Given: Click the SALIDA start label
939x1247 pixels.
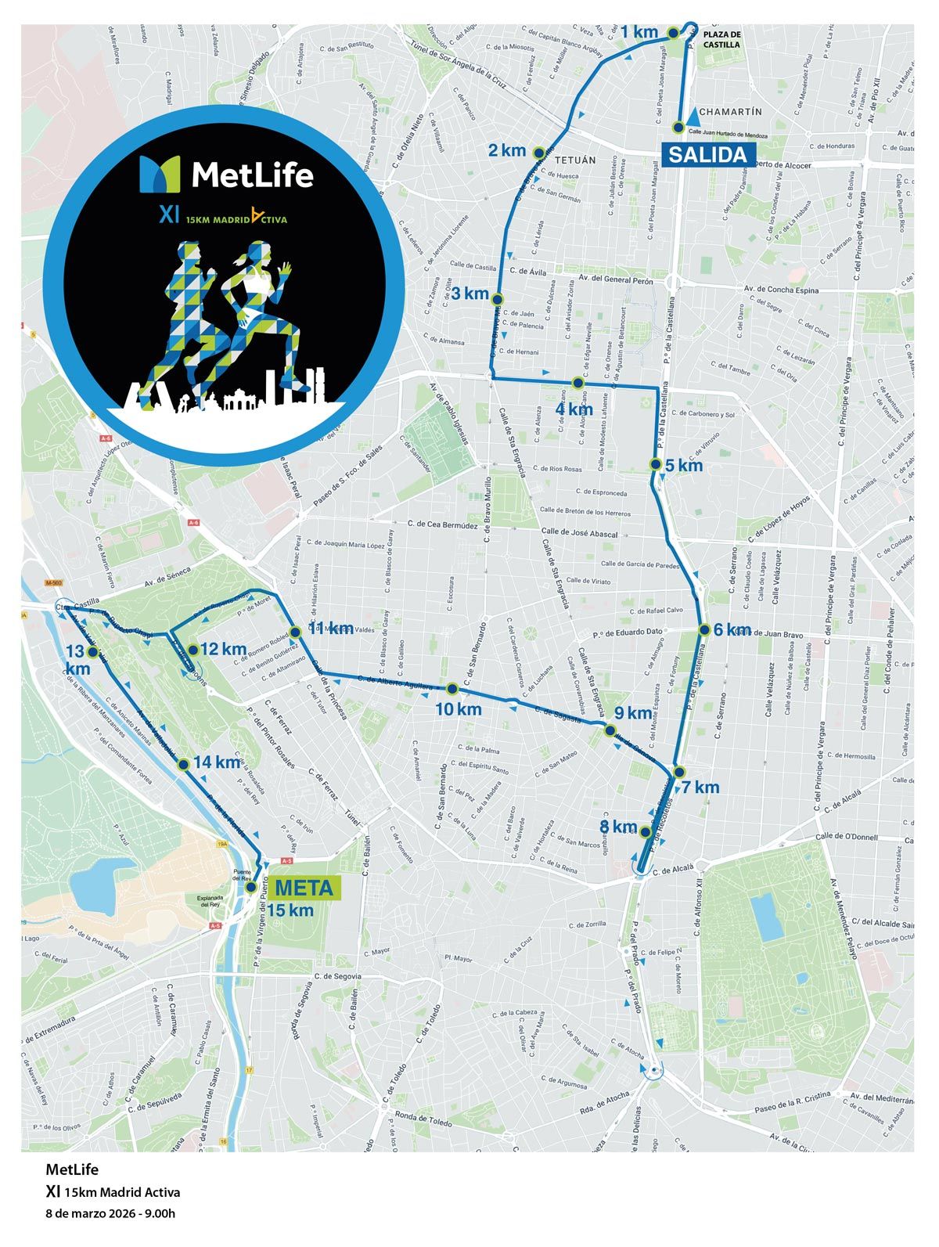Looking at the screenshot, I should [707, 154].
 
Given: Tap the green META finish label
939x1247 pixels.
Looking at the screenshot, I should [304, 888].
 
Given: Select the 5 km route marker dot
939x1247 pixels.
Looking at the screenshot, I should [657, 464].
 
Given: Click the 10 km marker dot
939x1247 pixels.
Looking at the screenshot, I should [452, 689].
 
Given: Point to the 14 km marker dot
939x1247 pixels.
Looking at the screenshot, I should [183, 764].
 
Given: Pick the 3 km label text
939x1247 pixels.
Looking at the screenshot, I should [469, 294].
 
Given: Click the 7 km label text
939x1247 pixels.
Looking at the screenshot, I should [700, 787].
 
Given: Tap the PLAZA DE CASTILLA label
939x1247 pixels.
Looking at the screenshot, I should [721, 40].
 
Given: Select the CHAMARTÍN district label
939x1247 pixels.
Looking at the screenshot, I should [731, 112].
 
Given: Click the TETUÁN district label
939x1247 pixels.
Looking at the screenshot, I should [575, 160].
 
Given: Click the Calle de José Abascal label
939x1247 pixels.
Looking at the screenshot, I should [580, 533].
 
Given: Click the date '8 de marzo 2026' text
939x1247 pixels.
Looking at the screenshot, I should [110, 1214].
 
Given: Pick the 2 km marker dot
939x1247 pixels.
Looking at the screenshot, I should [538, 152].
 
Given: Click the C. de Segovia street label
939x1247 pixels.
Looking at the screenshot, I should [337, 976].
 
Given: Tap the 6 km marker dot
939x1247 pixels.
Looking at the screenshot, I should [704, 629].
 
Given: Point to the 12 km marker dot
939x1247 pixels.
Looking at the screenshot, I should [192, 649].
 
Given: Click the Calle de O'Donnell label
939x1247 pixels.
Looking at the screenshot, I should [846, 838].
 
